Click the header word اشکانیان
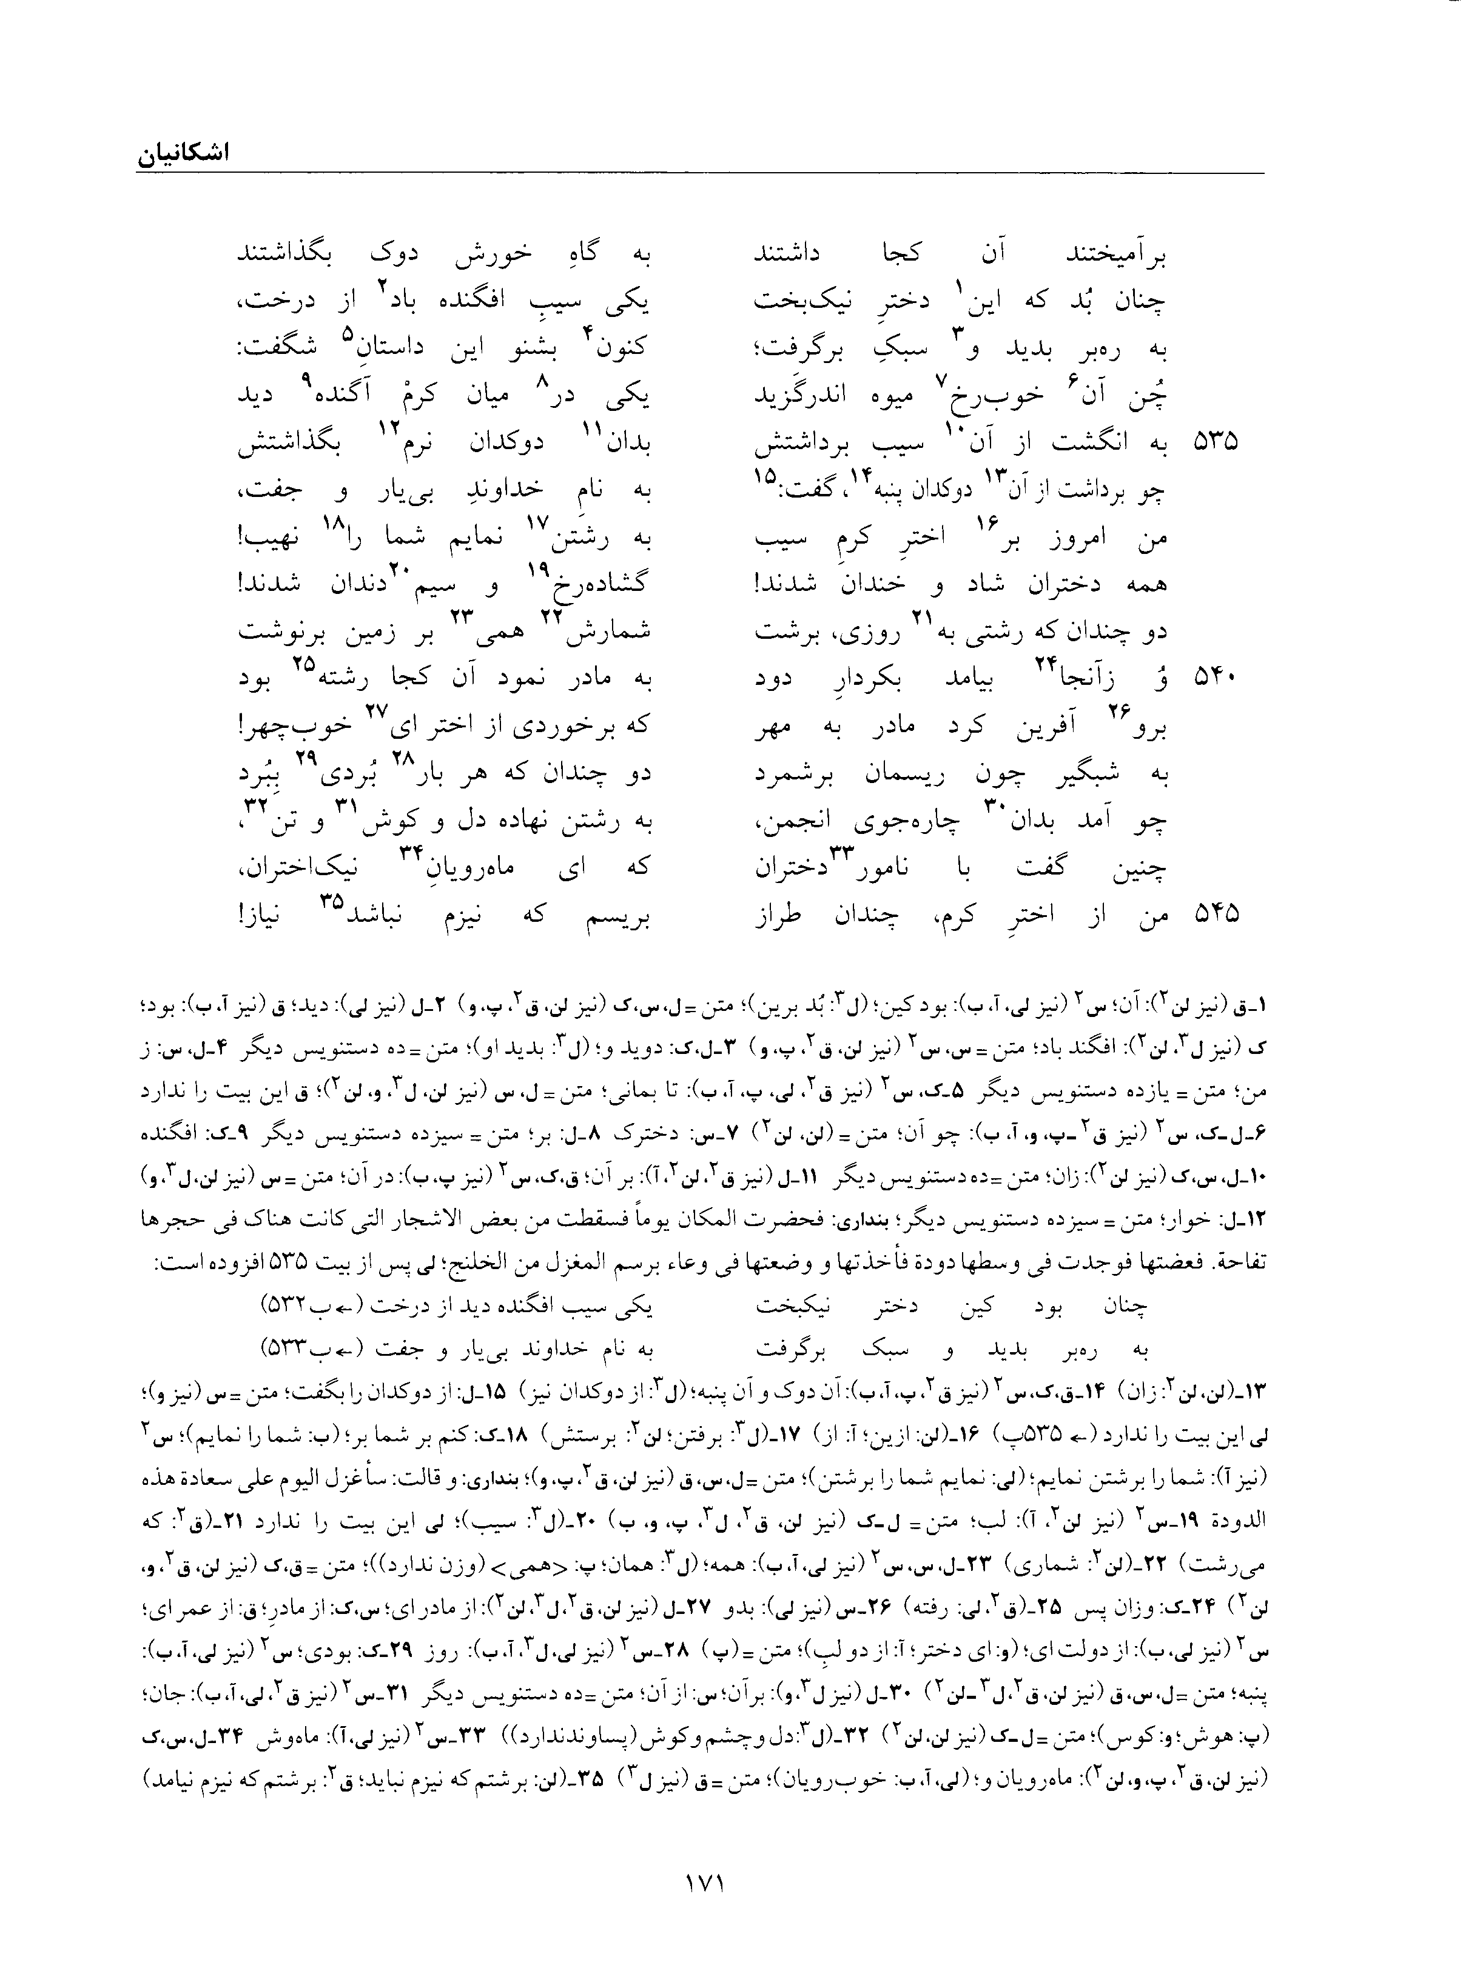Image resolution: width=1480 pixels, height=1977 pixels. coord(183,153)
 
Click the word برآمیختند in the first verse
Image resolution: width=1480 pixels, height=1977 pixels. coord(1118,256)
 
